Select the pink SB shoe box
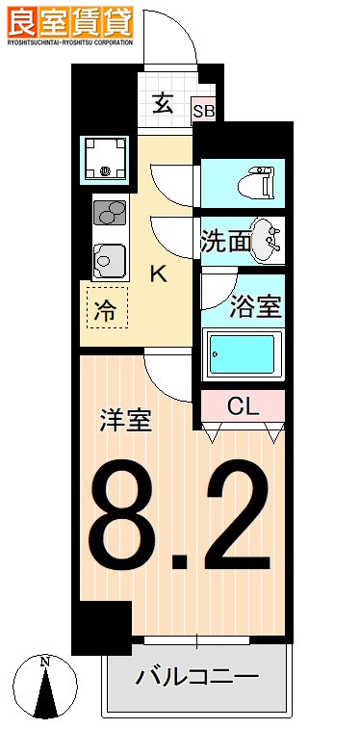[204, 111]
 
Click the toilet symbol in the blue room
[258, 181]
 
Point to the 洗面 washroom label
[225, 241]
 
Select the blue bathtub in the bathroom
[243, 355]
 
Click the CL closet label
[243, 406]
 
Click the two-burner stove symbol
[111, 211]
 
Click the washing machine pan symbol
[105, 159]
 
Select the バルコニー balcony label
[196, 676]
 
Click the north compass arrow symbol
[43, 689]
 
